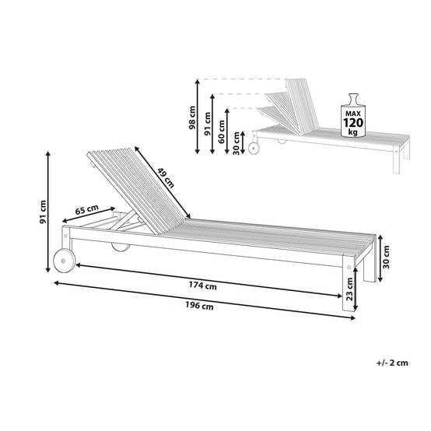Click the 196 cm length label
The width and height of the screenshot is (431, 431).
[199, 306]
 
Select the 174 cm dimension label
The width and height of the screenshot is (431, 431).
[202, 286]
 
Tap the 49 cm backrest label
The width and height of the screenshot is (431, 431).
[166, 178]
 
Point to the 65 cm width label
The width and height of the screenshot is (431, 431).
[87, 209]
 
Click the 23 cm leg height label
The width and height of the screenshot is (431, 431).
[349, 289]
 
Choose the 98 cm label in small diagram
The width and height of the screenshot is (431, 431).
[192, 117]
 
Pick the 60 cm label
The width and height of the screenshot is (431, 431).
[222, 131]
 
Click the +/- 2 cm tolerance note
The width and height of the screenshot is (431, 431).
[392, 363]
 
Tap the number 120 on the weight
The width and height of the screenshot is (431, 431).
[353, 123]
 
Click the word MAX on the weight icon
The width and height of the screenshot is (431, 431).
[353, 114]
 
